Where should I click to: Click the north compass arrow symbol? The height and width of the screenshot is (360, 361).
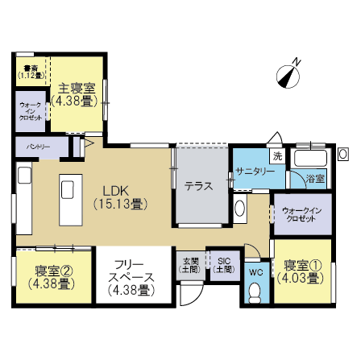coord(288,73)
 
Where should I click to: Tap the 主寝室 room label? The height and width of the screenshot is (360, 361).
coord(77,95)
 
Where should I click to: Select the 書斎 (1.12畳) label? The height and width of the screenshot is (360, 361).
coord(31,72)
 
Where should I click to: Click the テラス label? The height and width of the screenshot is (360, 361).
coord(198,186)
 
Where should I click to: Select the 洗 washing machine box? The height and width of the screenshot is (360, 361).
coord(276,155)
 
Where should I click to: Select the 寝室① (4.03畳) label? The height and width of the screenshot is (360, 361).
coord(302,271)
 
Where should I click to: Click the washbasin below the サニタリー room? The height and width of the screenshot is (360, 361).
coord(239,209)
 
